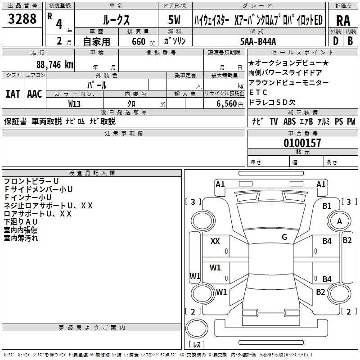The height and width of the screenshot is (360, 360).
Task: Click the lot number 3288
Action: pyautogui.click(x=22, y=19)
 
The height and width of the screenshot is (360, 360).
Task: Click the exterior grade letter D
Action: pyautogui.click(x=335, y=40)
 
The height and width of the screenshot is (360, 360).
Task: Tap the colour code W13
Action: pyautogui.click(x=75, y=103)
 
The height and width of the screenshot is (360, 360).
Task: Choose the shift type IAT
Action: pyautogui.click(x=13, y=94)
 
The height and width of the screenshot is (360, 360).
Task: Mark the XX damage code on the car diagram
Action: pyautogui.click(x=215, y=241)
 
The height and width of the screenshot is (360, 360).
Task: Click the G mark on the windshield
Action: pyautogui.click(x=284, y=237)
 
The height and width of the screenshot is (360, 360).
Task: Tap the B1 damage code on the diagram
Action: pyautogui.click(x=327, y=206)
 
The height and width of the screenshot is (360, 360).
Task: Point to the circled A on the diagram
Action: pyautogui.click(x=339, y=221)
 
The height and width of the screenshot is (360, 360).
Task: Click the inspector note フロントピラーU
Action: pyautogui.click(x=31, y=181)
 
